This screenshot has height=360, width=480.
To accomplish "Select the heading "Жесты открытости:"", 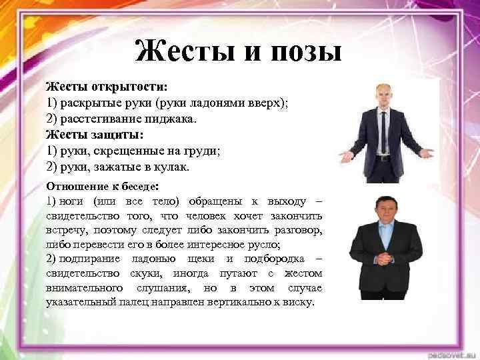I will [107, 87].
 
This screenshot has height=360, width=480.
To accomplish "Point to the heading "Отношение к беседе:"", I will [103, 185].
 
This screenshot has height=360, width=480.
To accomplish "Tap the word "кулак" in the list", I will [170, 166].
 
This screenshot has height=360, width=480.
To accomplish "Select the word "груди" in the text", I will [201, 151].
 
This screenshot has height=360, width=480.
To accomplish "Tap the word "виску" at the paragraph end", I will [298, 302].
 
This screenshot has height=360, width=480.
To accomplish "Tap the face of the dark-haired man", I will [386, 214].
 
